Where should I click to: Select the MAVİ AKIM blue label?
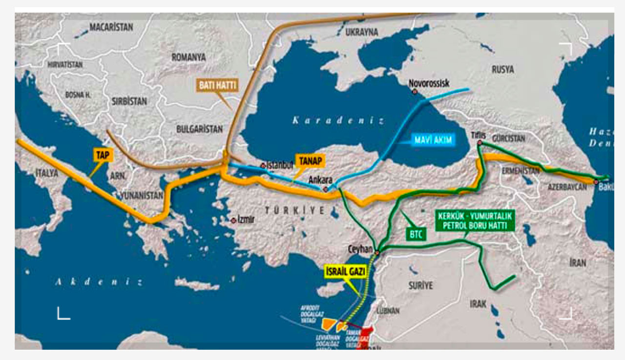click(x=434, y=140)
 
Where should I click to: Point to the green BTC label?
click(x=417, y=234)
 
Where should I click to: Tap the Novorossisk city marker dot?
click(x=415, y=91)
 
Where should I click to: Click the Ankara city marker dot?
click(x=325, y=189)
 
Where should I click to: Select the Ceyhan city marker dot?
click(x=377, y=253)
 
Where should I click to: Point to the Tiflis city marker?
click(x=479, y=143)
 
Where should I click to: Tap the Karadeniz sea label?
click(x=338, y=120)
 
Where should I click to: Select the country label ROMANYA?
click(x=188, y=57)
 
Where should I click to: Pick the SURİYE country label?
click(x=420, y=286)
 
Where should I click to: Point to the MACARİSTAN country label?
click(x=111, y=27)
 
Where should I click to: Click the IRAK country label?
click(x=478, y=304)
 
